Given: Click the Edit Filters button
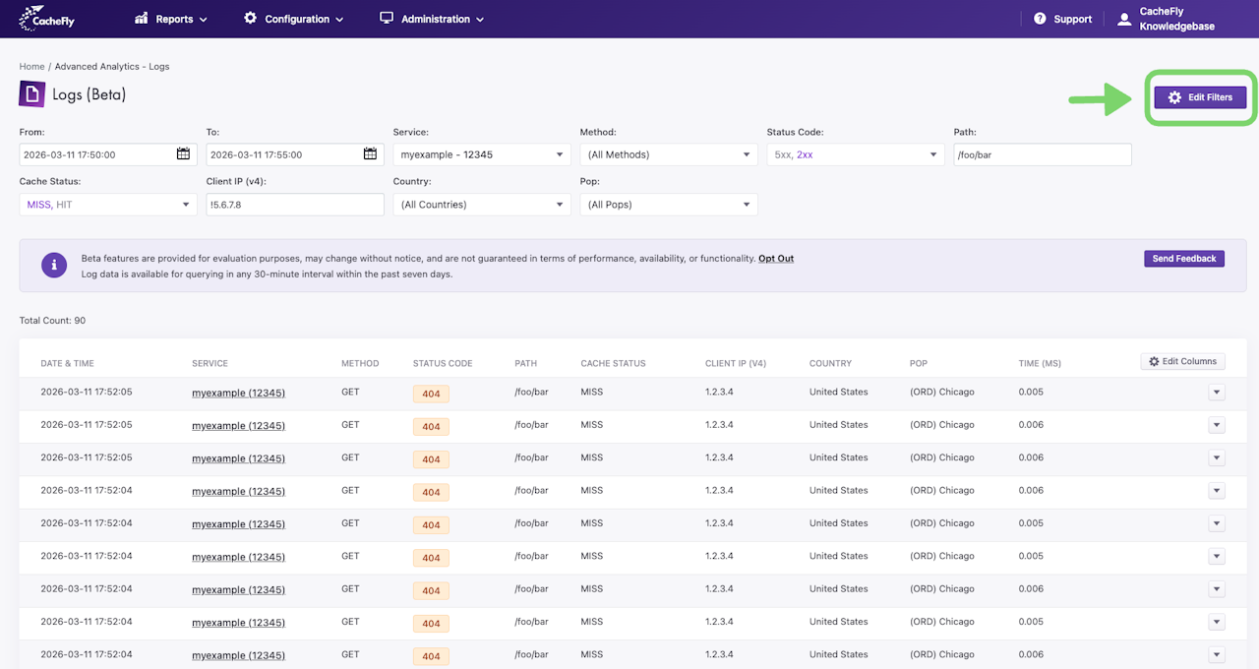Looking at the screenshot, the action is coord(1200,97).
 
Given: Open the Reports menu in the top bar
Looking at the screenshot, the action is coord(171,19).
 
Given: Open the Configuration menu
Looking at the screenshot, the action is coord(293,19).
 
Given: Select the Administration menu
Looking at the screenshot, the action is coord(432,19).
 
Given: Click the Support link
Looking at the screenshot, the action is coord(1062,19).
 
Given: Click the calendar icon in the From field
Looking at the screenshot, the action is coord(183,153).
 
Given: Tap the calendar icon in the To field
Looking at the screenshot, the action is coord(370,153).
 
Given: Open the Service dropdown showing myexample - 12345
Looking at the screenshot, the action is coord(482,154).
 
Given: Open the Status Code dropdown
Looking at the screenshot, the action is coord(856,154).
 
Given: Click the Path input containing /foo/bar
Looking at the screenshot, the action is coord(1043,154).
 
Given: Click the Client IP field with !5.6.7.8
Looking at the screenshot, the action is coord(295,205).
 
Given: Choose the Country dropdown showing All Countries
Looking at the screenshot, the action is coord(482,205).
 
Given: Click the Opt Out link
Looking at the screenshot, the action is coord(776,259).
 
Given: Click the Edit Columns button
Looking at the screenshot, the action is coord(1182,361).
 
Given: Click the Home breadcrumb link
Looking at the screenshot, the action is coord(31,66).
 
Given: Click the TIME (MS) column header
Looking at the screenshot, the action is coord(1040,363).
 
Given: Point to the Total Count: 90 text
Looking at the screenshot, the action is coord(52,321).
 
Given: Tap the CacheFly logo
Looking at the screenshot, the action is coord(46,18).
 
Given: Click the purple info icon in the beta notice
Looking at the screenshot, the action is coord(54,265).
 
